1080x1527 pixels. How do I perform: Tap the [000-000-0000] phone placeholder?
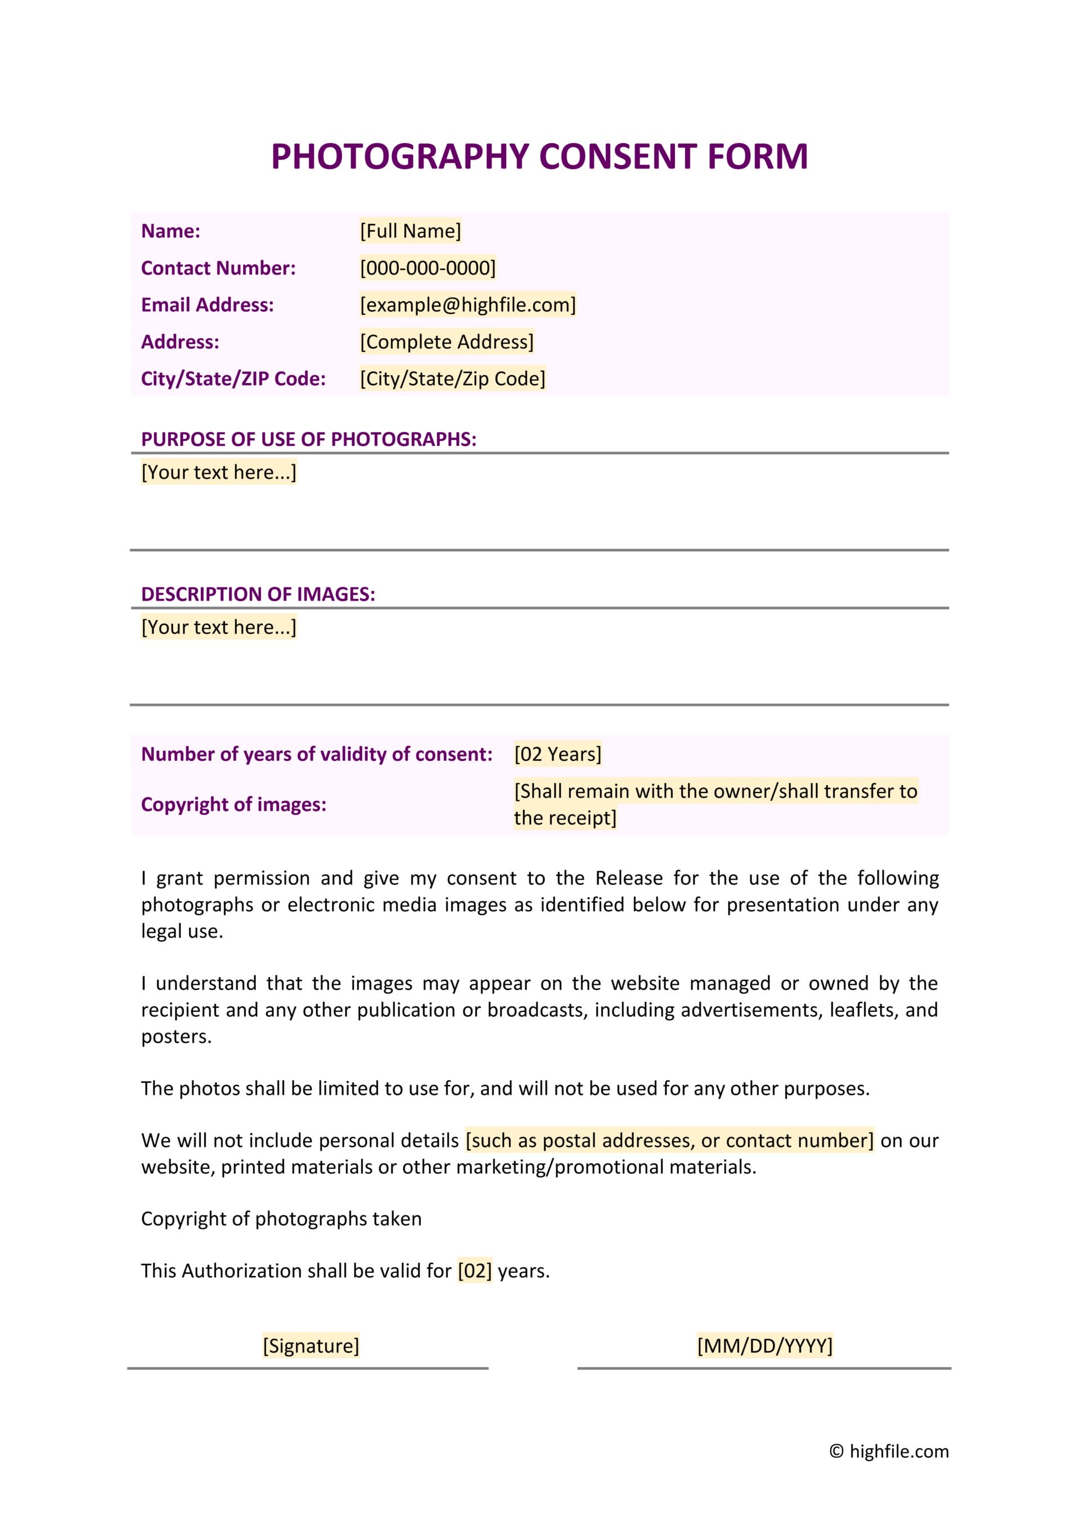click(427, 268)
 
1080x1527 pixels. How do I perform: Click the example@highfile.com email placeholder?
click(467, 305)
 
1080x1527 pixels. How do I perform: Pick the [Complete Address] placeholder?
click(446, 342)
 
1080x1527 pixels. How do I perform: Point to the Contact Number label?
click(218, 268)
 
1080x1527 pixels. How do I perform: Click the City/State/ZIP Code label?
click(233, 379)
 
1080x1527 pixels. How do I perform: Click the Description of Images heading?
click(258, 594)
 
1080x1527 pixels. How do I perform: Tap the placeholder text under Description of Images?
click(219, 627)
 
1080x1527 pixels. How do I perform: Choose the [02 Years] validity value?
click(557, 754)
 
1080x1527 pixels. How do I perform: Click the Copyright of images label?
click(233, 804)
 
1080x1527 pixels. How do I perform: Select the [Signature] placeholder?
click(310, 1345)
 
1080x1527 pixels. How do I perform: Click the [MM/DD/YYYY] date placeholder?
click(764, 1345)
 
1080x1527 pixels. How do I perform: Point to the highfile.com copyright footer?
click(889, 1451)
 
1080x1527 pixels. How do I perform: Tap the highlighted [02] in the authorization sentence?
click(474, 1271)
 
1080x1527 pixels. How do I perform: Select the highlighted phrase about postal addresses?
click(669, 1140)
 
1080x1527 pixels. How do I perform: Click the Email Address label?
click(207, 305)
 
